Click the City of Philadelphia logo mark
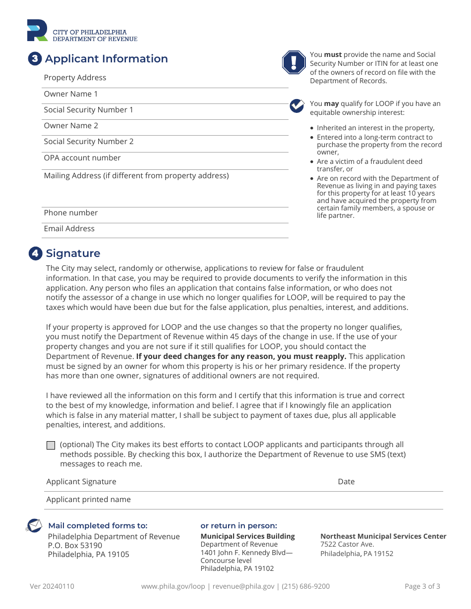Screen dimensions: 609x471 coord(38,31)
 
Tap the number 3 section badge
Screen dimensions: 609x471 coord(35,59)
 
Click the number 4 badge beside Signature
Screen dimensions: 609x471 coord(35,254)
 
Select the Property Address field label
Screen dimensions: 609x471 coord(75,78)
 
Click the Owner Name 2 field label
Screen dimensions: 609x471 coord(71,126)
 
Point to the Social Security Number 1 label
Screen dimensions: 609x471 coord(88,110)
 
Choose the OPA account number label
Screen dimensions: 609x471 coord(82,158)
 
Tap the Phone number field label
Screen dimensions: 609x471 coord(71,213)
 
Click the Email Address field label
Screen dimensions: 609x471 coord(69,229)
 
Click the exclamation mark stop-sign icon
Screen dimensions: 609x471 coord(294,62)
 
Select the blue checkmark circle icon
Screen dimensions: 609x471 coord(297,105)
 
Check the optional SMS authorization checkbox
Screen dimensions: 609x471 coord(51,445)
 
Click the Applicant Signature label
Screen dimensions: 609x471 coord(81,482)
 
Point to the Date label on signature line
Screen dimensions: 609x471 coord(346,482)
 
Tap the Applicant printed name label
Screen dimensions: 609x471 coord(88,500)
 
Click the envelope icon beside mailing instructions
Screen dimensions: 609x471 coord(34,526)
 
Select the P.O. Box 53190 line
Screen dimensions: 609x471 coord(75,546)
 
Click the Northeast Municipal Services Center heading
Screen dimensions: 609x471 coord(383,536)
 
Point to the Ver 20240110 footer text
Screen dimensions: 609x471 coord(52,586)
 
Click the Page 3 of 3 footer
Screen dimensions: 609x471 coord(422,586)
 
